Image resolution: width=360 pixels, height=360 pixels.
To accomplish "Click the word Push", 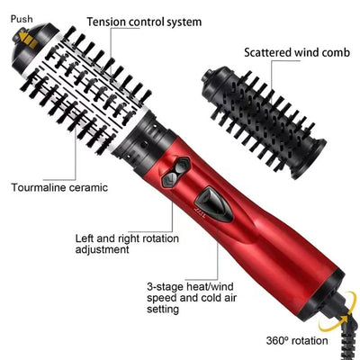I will (22, 17).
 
